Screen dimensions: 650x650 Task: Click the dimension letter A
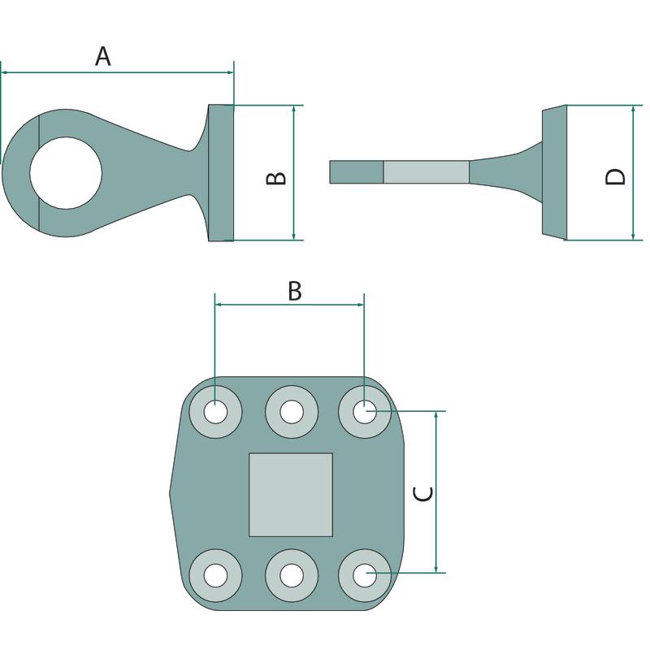pos(103,56)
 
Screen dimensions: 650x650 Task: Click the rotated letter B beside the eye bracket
pos(275,178)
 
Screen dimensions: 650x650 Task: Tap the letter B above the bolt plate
pos(295,291)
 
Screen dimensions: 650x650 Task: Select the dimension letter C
pos(423,493)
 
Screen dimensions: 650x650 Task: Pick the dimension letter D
pos(615,177)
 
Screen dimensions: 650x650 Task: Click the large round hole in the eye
pos(66,173)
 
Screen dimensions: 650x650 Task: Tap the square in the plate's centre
pos(291,495)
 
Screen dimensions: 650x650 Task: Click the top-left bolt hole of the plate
pos(215,412)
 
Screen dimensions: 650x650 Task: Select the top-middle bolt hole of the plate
pos(292,412)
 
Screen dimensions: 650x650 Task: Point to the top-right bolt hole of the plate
pos(365,412)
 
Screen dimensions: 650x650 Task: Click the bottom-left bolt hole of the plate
pos(215,575)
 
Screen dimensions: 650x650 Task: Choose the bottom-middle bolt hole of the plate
pos(292,575)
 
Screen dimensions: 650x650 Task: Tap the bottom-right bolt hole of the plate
pos(365,575)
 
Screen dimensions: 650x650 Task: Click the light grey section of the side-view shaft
pos(426,172)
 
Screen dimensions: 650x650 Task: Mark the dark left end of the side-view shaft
pos(357,172)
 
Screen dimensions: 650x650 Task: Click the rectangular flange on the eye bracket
pos(221,173)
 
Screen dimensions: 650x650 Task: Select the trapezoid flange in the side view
pos(555,172)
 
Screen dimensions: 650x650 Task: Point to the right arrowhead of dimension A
pos(231,72)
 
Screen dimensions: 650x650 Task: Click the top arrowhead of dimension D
pos(634,109)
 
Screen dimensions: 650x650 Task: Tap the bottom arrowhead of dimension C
pos(436,570)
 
